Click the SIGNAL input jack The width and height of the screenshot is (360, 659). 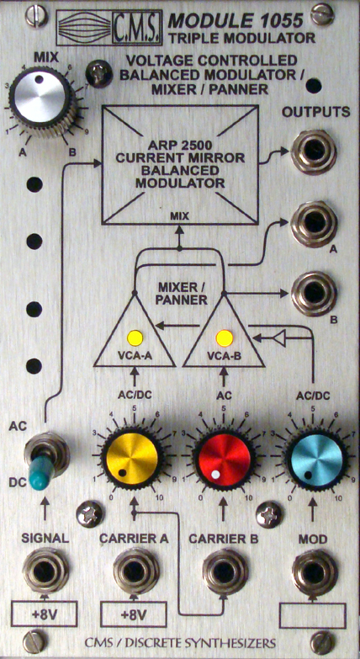[45, 571]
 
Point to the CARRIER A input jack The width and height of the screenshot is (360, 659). [135, 571]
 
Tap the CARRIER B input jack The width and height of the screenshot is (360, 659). [225, 571]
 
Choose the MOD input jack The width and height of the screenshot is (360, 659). [315, 571]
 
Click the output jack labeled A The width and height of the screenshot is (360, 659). [314, 224]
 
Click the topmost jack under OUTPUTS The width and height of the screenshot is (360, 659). [314, 151]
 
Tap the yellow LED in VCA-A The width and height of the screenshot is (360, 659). [135, 337]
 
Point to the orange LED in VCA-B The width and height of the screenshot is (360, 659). [224, 337]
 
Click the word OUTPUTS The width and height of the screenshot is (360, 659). [316, 113]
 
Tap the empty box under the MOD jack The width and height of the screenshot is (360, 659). [313, 616]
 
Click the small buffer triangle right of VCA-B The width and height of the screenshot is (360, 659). [278, 337]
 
